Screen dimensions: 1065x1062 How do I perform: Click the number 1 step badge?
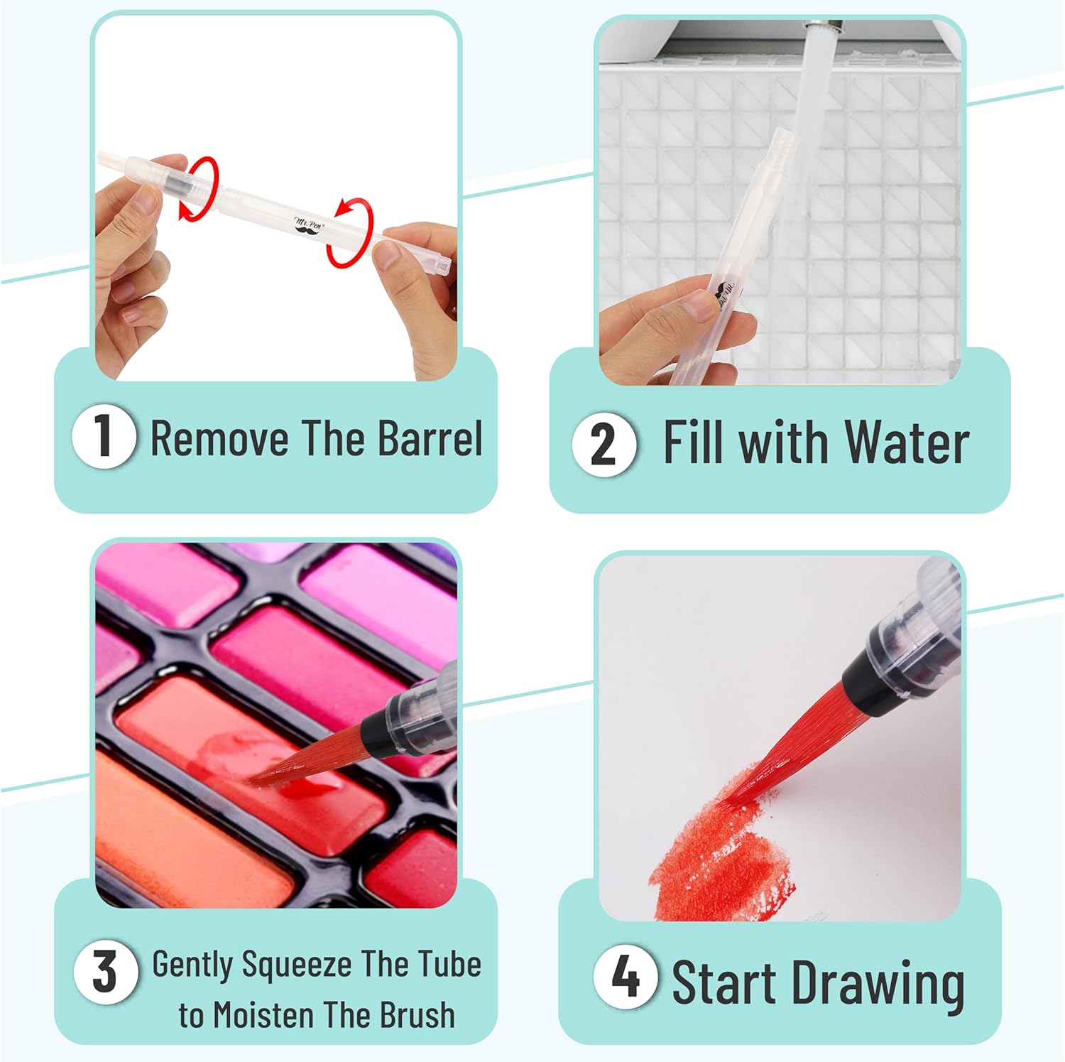pos(104,436)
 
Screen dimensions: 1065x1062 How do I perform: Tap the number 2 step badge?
pos(604,443)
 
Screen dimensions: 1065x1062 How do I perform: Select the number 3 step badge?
pos(105,971)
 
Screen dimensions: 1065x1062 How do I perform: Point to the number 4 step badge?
pos(626,976)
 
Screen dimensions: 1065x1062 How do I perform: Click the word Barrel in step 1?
pos(430,438)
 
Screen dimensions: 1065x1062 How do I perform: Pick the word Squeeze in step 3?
pos(297,965)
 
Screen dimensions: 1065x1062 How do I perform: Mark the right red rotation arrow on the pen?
pos(349,233)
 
